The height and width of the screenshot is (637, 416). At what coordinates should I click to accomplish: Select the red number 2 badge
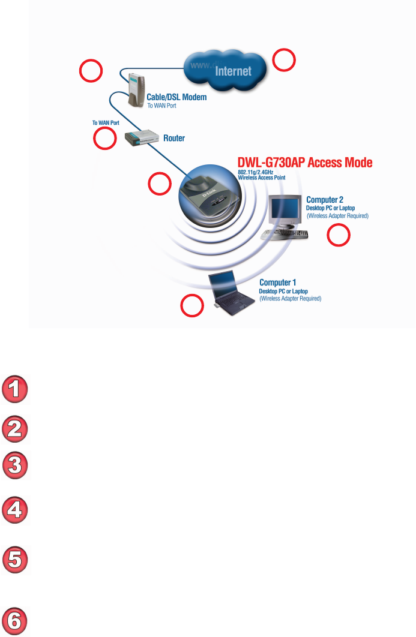pos(16,429)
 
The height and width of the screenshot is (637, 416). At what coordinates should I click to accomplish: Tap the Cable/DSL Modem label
pos(176,97)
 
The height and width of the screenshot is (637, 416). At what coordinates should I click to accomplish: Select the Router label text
pos(174,138)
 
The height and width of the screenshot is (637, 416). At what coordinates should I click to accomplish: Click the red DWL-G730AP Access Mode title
pos(304,163)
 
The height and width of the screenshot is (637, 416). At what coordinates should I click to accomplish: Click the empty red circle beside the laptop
pos(191,306)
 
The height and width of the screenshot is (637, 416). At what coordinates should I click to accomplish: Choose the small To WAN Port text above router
pos(106,123)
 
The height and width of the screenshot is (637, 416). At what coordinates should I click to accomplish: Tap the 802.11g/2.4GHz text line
pos(255,172)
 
